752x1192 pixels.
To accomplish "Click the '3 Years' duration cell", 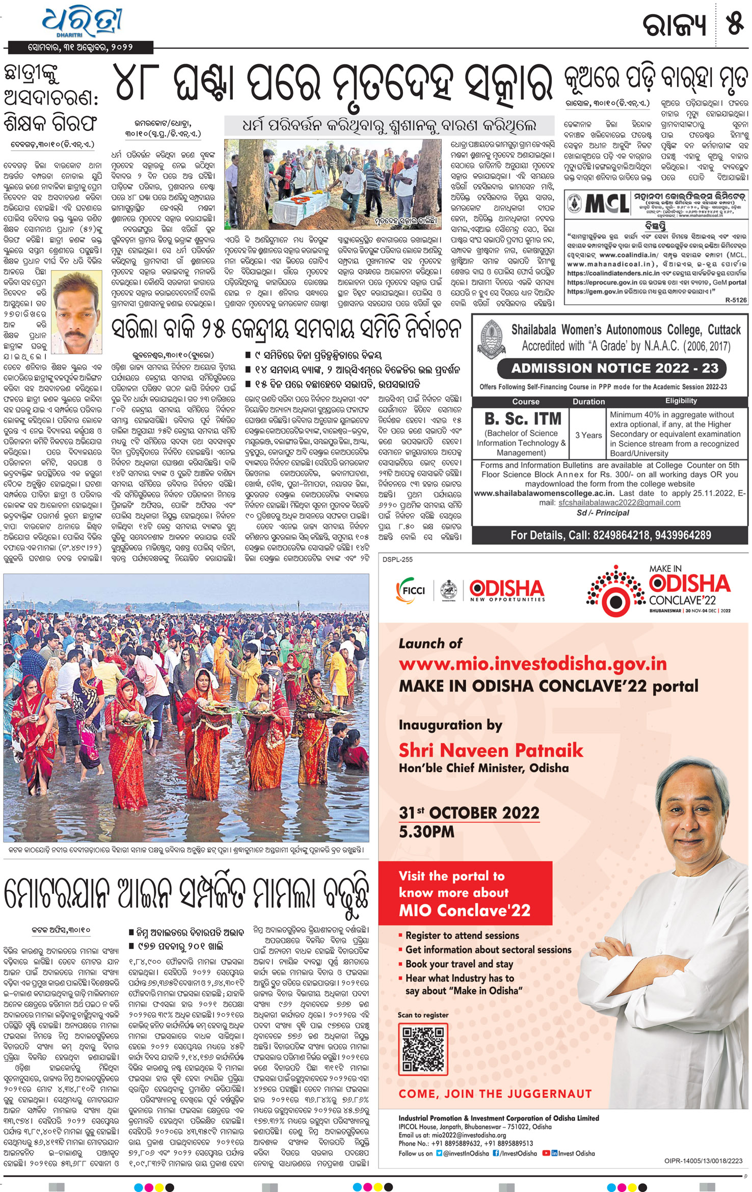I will coord(588,435).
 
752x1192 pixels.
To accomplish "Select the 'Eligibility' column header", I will coord(681,401).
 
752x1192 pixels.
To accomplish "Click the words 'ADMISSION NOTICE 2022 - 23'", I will coord(611,368).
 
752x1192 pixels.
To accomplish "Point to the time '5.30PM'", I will coord(426,832).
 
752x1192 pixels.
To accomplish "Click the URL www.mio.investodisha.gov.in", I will coord(532,664).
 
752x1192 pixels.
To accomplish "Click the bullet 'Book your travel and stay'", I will coord(459,964).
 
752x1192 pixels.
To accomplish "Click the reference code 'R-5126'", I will coord(735,300).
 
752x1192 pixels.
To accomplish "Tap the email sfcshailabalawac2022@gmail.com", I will coord(619,502).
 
